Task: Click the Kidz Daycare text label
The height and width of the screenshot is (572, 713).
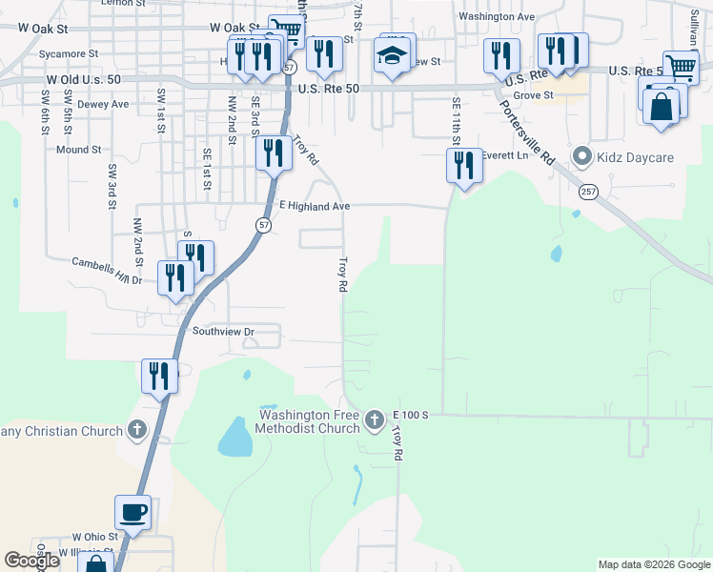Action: [x=637, y=155]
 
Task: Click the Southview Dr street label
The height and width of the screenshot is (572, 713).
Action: [x=224, y=332]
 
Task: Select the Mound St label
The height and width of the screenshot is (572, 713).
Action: [x=78, y=150]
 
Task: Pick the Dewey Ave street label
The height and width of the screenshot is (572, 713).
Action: [x=102, y=104]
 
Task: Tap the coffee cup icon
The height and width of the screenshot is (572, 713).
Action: [x=133, y=512]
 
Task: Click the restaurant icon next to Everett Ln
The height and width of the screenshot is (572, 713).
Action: [x=464, y=166]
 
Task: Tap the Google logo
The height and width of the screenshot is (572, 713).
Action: [x=31, y=561]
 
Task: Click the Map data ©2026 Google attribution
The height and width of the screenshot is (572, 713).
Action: [x=653, y=564]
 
